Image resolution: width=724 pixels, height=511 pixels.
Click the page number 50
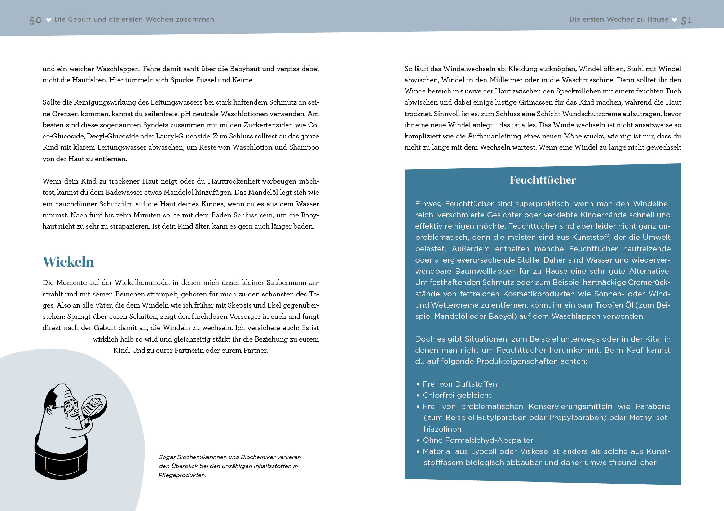coord(36,20)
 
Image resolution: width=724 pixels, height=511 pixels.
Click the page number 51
coord(686,21)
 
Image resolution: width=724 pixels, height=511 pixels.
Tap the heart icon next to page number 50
coord(49,20)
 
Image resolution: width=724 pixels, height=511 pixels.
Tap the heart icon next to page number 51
coord(675,20)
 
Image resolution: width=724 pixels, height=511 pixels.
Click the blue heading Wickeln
coord(69,262)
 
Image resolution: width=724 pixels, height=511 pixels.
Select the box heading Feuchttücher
coord(543,180)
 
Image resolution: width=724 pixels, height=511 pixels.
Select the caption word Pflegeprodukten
coord(182,475)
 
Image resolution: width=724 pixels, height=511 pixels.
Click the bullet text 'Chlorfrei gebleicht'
coord(457,395)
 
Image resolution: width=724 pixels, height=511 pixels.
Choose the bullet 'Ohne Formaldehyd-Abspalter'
coord(478,440)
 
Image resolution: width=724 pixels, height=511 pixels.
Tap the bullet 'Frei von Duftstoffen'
coord(460,384)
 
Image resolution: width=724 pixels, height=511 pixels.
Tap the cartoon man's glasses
coord(71,406)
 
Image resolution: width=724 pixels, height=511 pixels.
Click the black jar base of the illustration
coord(61,460)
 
